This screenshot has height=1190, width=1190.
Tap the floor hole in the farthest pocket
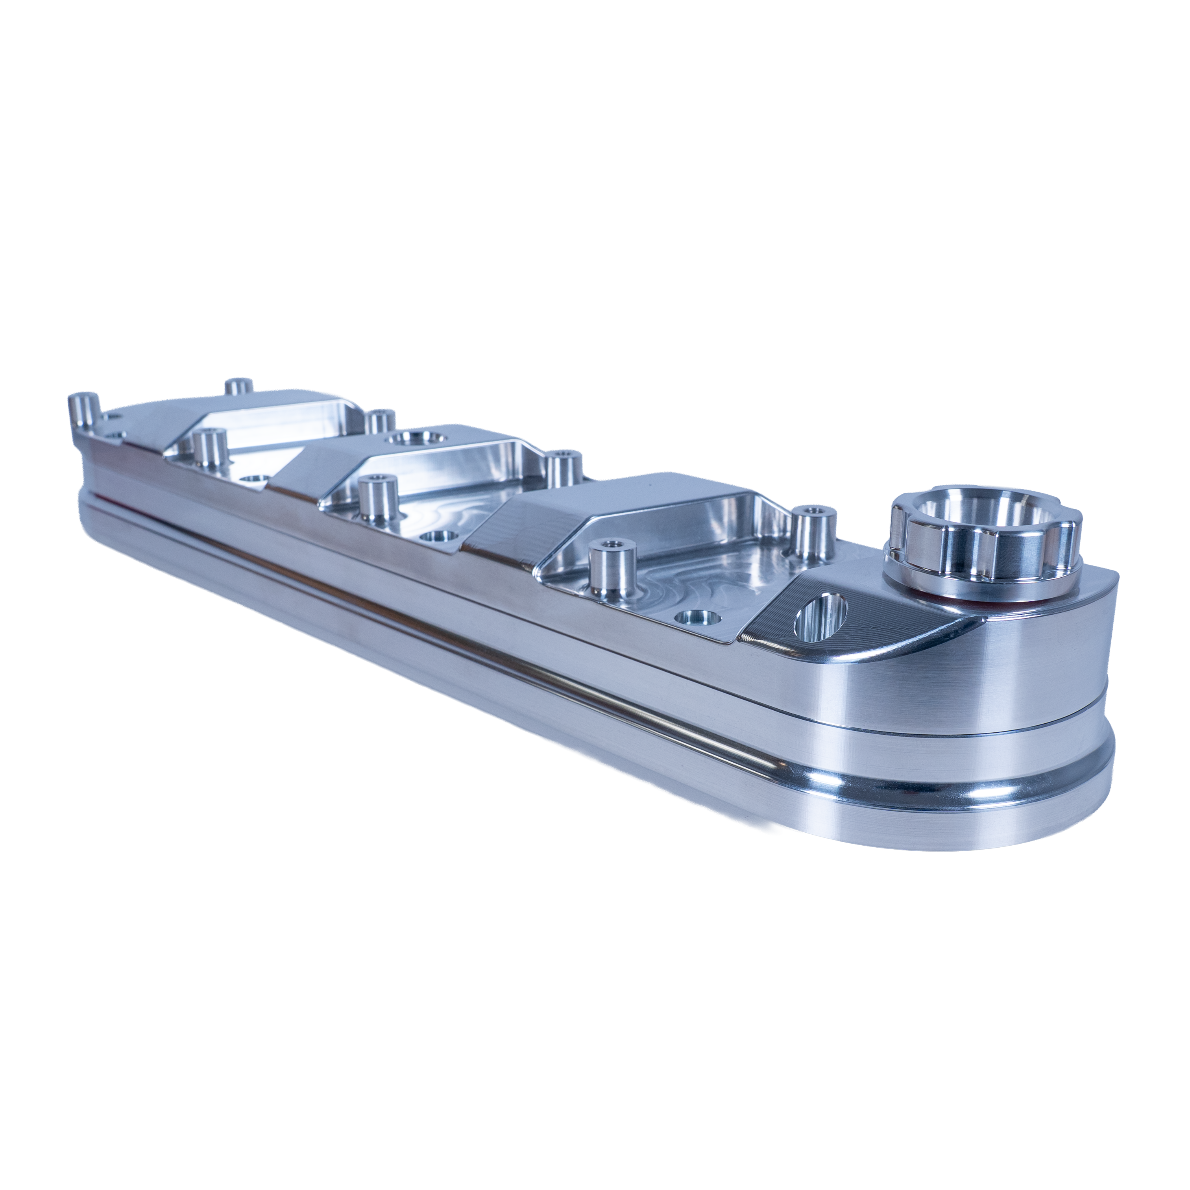point(253,479)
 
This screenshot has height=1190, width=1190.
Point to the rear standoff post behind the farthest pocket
point(380,421)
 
